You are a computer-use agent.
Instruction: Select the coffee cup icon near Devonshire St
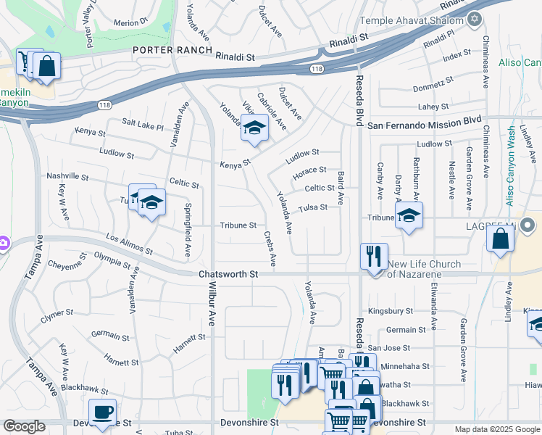pyautogui.click(x=103, y=412)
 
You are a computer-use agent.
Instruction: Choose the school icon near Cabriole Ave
pyautogui.click(x=254, y=128)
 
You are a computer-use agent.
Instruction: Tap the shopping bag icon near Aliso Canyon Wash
pyautogui.click(x=501, y=237)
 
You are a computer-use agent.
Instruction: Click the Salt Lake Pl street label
pyautogui.click(x=143, y=125)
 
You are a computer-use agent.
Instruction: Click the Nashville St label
pyautogui.click(x=67, y=177)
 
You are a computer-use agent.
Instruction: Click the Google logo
pyautogui.click(x=24, y=426)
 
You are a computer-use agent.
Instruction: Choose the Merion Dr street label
pyautogui.click(x=130, y=22)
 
